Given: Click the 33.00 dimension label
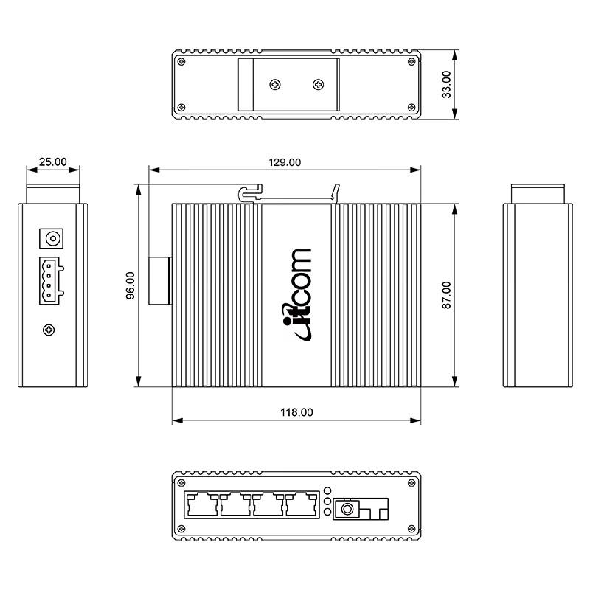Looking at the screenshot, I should point(446,84).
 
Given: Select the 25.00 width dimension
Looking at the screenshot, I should point(52,162).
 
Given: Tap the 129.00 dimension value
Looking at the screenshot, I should point(284,162).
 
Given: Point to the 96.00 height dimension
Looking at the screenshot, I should point(131,285).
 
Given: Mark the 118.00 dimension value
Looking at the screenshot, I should point(296,412).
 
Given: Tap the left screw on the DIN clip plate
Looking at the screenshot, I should point(274,84).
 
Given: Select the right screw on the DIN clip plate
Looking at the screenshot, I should point(319,84).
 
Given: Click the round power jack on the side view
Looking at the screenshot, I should point(52,238).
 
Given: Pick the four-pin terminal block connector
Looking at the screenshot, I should point(51,280).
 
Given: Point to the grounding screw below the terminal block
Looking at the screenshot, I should point(49,329).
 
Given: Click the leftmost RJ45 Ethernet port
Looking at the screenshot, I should point(201,505).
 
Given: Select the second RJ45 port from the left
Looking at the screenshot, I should point(235,505).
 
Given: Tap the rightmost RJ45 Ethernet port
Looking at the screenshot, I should point(302,505).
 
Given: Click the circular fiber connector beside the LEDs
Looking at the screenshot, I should point(346,508).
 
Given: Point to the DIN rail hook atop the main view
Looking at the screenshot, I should point(251,194).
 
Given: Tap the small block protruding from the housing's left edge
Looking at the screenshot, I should point(160,280).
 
